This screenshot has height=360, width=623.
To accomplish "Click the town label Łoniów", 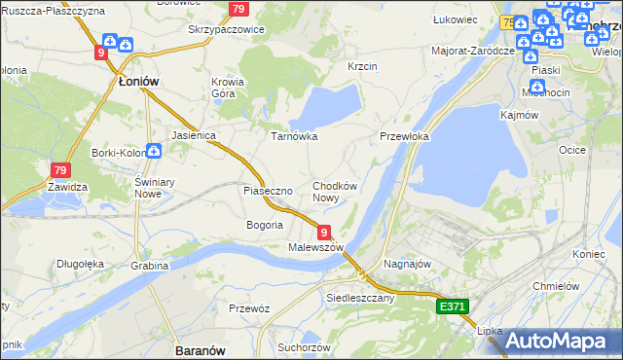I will (138, 82).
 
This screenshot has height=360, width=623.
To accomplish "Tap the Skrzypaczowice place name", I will (226, 29).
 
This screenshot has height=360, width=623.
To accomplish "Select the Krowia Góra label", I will (228, 89).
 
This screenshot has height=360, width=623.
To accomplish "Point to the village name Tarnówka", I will (294, 136).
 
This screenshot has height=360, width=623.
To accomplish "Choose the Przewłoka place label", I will (404, 137).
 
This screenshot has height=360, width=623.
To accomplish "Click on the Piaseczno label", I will (268, 191).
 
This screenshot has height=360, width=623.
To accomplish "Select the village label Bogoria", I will (265, 225).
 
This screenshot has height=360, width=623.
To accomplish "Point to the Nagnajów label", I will (408, 264).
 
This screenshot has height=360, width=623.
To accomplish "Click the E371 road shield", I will (453, 306).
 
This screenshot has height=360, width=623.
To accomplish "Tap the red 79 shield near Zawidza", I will (60, 169).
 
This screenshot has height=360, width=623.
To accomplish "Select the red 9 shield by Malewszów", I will (323, 230).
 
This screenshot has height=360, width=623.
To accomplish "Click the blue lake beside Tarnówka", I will (326, 108).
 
